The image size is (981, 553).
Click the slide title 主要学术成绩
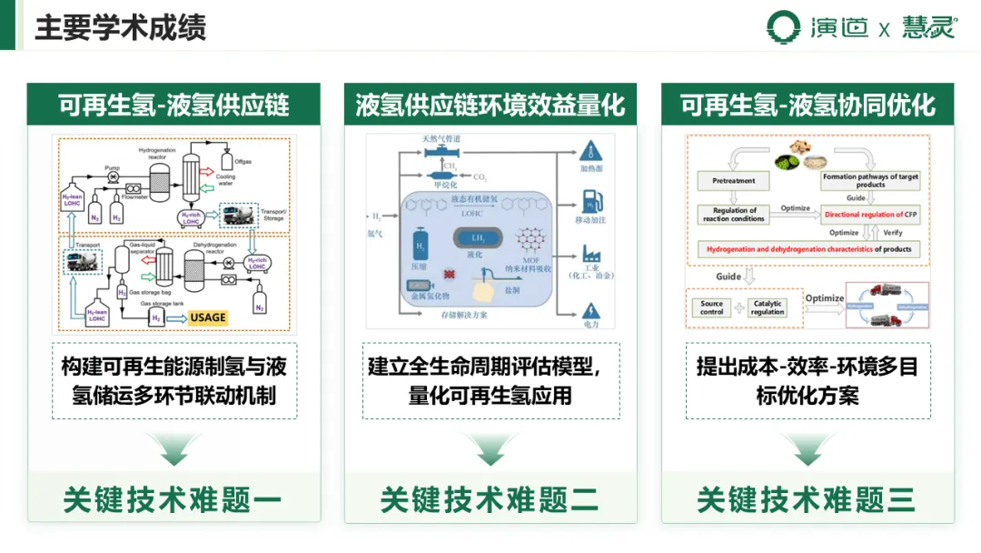click(120, 27)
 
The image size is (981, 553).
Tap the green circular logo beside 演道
click(783, 26)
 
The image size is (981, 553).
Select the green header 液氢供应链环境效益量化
click(490, 105)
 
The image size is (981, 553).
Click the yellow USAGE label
click(208, 317)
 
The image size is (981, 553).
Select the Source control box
click(712, 307)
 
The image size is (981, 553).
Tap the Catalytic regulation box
click(768, 307)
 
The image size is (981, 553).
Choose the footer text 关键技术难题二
click(490, 499)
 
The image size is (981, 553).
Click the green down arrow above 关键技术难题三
click(808, 447)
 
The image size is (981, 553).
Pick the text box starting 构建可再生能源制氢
click(174, 380)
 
